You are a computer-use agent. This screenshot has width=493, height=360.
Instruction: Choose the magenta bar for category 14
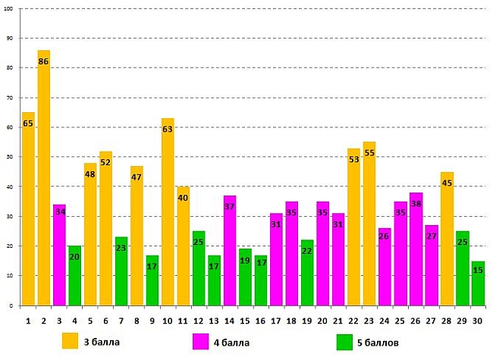[x=230, y=250]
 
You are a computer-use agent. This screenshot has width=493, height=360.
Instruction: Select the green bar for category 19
[x=307, y=272]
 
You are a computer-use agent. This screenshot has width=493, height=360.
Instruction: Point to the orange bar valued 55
[x=369, y=224]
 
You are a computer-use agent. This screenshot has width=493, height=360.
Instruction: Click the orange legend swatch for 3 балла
[x=70, y=341]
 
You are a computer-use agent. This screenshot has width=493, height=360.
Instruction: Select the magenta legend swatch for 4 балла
[x=201, y=341]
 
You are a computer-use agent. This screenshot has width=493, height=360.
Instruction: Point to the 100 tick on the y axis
[x=9, y=8]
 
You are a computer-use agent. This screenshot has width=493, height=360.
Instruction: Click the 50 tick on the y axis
[x=11, y=157]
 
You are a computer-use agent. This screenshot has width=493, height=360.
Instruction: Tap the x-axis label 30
[x=478, y=321]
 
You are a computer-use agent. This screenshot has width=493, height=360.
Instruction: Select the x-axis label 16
[x=260, y=321]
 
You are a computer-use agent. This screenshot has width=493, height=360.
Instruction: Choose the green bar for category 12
[x=199, y=268]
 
